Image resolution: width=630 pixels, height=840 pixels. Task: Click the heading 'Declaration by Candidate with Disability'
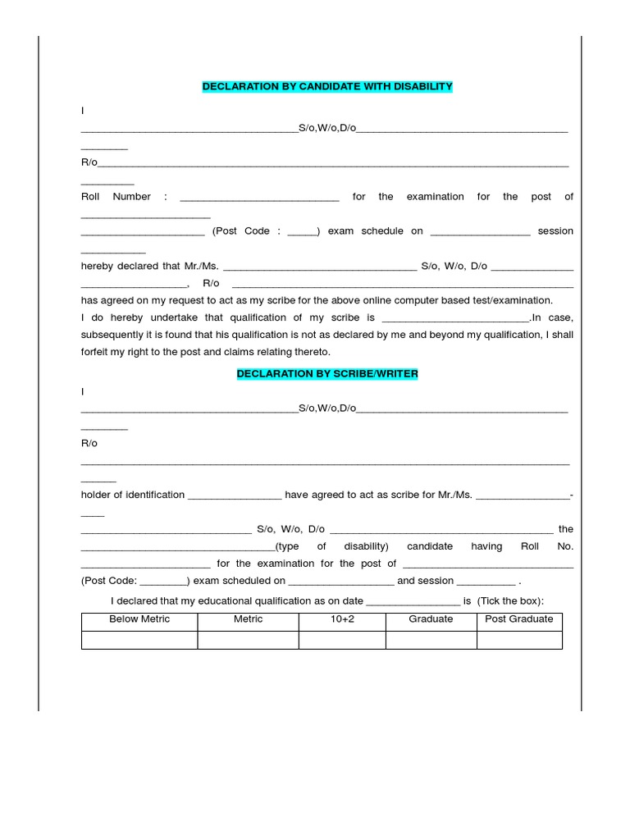(327, 86)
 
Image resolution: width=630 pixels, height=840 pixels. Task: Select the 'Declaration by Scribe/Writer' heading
(327, 373)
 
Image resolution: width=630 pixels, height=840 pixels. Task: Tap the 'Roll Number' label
(116, 197)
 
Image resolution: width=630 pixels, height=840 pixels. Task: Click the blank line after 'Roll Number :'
(258, 198)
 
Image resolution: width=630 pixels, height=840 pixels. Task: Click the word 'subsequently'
(111, 335)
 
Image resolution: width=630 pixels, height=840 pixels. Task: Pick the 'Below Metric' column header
(139, 619)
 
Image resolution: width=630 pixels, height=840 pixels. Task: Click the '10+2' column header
(342, 619)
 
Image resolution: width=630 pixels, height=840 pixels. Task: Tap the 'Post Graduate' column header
(519, 619)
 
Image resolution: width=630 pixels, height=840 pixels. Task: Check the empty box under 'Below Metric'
(139, 640)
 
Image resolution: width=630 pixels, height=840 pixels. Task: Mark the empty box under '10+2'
(342, 640)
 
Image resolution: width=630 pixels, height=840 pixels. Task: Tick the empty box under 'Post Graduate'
(519, 640)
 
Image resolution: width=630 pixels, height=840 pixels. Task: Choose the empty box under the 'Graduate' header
(431, 640)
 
